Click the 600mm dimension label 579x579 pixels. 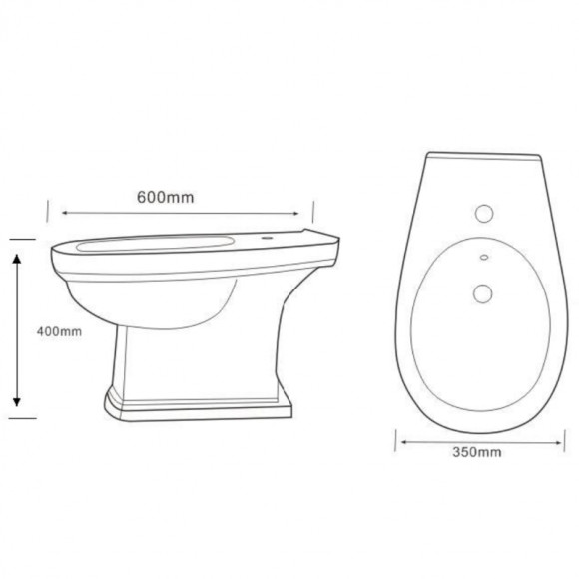click(x=165, y=197)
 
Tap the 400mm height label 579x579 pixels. click(x=59, y=331)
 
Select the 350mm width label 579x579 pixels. click(x=477, y=452)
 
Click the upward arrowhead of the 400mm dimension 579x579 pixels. click(x=16, y=259)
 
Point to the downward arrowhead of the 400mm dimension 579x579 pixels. click(x=16, y=401)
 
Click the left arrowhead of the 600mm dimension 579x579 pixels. click(x=65, y=213)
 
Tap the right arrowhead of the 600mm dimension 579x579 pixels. click(x=295, y=213)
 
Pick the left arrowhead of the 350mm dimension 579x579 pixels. click(x=404, y=442)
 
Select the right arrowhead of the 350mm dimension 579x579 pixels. click(x=558, y=443)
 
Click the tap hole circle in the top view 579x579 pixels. click(x=484, y=213)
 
